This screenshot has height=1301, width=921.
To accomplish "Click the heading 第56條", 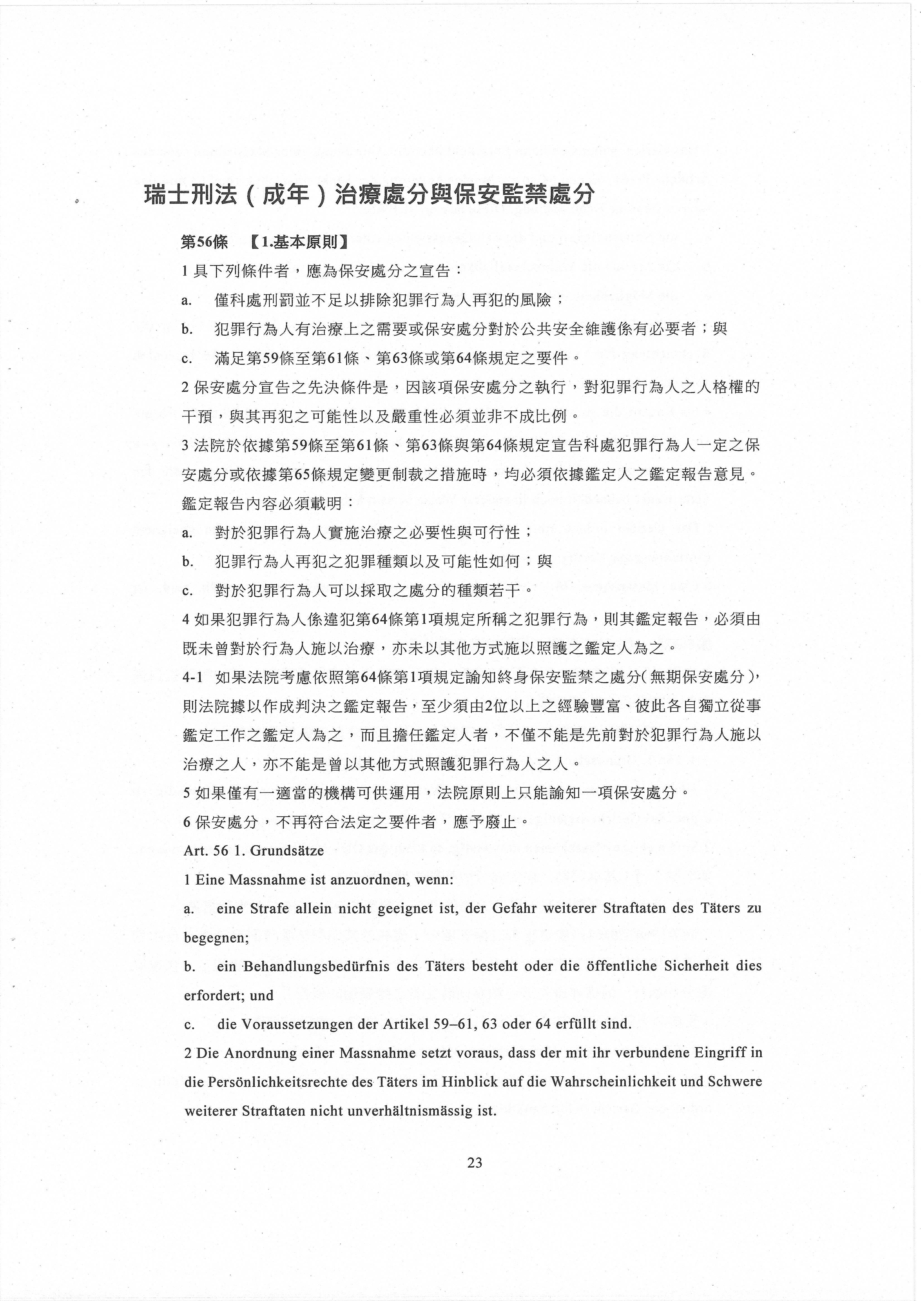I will (204, 243).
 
